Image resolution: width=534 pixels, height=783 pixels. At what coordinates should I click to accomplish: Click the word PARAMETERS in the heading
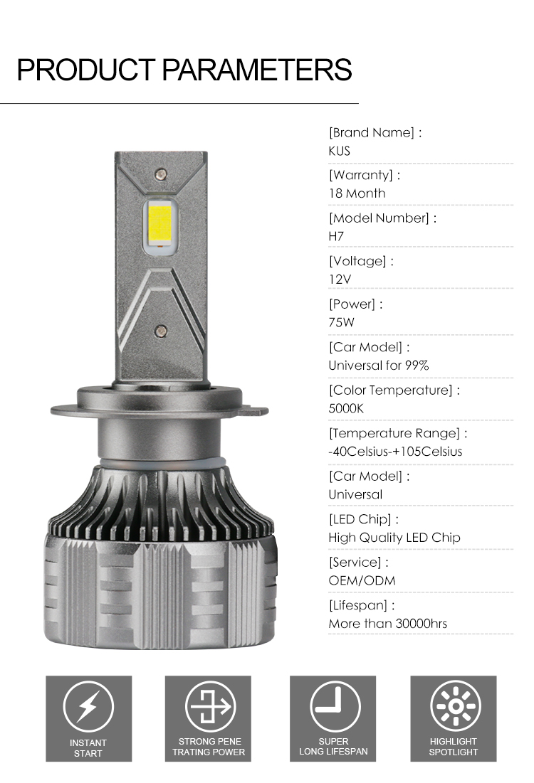pyautogui.click(x=257, y=70)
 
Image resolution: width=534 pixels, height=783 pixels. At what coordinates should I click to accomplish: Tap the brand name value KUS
pyautogui.click(x=339, y=151)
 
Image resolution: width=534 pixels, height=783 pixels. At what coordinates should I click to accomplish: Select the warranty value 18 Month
pyautogui.click(x=357, y=193)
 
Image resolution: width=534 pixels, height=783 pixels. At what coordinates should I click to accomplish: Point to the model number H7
pyautogui.click(x=336, y=236)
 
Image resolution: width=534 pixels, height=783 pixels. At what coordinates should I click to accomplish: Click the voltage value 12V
pyautogui.click(x=340, y=279)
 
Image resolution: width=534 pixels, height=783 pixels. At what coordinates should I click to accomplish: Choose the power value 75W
pyautogui.click(x=342, y=322)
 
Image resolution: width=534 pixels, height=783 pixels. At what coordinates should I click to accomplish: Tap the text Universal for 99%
pyautogui.click(x=379, y=366)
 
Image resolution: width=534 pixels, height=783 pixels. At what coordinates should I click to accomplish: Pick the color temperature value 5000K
pyautogui.click(x=346, y=408)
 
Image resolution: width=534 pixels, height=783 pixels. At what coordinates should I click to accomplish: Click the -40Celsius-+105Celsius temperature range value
pyautogui.click(x=395, y=452)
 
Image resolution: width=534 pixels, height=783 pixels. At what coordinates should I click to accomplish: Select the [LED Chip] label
pyautogui.click(x=364, y=519)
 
